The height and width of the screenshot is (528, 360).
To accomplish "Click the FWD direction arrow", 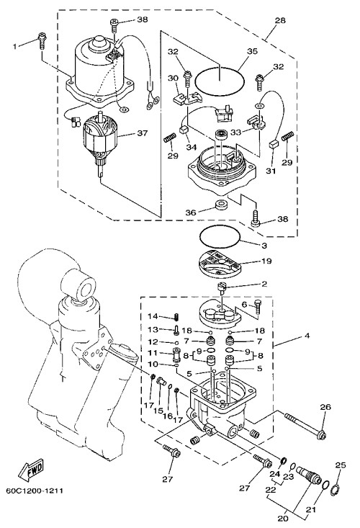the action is (31, 469).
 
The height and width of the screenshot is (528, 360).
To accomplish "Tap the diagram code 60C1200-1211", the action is (35, 491).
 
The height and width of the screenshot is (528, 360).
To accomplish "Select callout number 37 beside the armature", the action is (142, 133).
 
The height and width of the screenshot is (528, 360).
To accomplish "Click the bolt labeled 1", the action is (42, 40).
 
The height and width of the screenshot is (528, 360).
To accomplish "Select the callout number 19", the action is (266, 261).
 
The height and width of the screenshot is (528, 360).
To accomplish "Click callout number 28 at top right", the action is (280, 20).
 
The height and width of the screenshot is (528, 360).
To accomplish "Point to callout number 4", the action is (307, 336).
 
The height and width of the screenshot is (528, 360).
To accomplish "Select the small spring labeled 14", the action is (176, 317).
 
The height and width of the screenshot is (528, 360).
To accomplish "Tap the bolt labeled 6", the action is (258, 305).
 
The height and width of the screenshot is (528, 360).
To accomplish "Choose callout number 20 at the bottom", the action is (283, 518).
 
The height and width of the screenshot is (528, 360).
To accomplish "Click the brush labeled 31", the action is (273, 145).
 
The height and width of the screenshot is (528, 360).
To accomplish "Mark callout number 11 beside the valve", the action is (153, 354).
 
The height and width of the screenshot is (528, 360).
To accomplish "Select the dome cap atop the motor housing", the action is (99, 42).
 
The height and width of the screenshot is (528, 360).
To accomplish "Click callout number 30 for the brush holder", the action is (174, 78).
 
